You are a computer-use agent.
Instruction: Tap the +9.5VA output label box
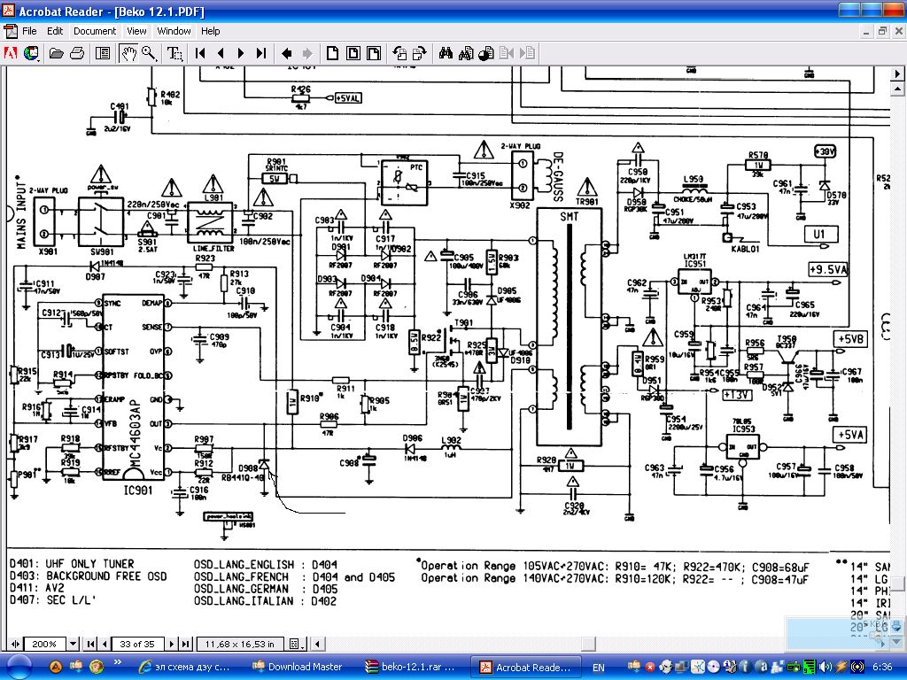coord(827,269)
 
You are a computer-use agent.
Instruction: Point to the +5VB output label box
coord(851,338)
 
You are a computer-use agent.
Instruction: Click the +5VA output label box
coord(850,435)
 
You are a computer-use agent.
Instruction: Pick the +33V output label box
coord(824,152)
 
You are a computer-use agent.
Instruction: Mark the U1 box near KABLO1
coord(820,234)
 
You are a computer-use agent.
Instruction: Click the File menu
coord(29,31)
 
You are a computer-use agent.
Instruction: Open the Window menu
coord(174,31)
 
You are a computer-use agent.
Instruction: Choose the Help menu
coord(211,31)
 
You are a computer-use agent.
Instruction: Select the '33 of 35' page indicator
coord(136,644)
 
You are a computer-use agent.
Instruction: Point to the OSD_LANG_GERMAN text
coord(241,589)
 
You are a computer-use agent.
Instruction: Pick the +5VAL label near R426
coord(348,98)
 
